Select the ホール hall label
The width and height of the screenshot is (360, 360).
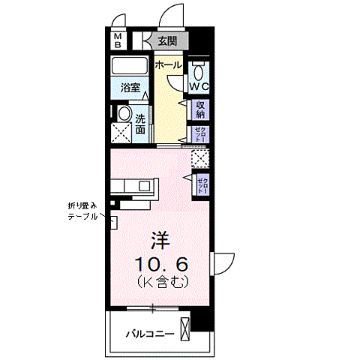click(x=168, y=65)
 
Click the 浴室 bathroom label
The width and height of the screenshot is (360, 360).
click(x=130, y=88)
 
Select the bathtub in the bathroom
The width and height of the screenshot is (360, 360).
click(x=131, y=66)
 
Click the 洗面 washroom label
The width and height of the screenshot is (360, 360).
click(x=141, y=123)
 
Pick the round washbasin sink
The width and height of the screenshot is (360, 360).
click(x=123, y=113)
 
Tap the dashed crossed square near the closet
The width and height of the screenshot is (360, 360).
click(x=200, y=158)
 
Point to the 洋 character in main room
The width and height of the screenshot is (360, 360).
click(x=159, y=241)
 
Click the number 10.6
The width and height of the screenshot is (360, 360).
click(x=160, y=263)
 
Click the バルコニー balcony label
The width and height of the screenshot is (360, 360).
click(x=150, y=333)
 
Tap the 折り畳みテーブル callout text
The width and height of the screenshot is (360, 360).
click(x=82, y=211)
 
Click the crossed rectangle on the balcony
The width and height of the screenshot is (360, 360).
click(x=185, y=330)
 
